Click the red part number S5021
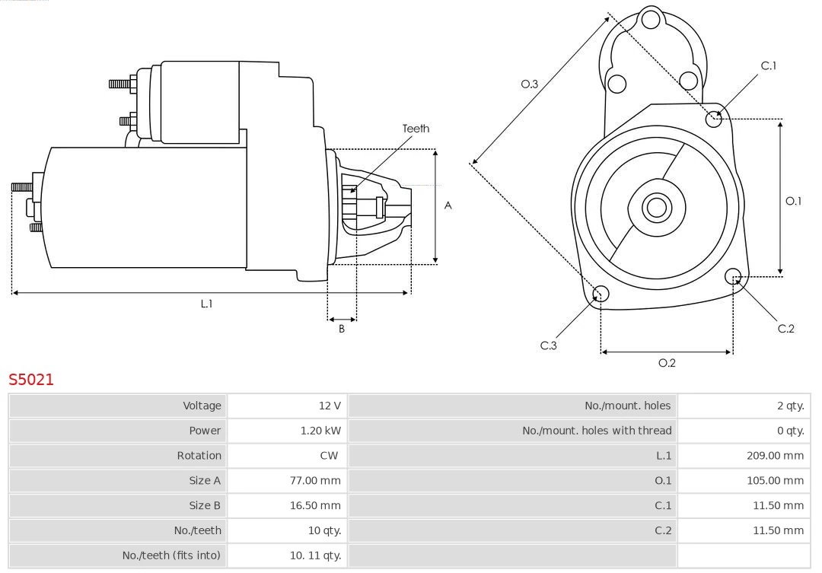(x=31, y=379)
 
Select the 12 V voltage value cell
(x=330, y=406)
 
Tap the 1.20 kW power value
(x=320, y=431)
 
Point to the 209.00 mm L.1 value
(x=775, y=456)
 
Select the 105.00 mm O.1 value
(x=775, y=480)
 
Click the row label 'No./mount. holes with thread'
(x=597, y=431)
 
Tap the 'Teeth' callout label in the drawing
(x=416, y=129)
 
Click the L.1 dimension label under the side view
(x=206, y=304)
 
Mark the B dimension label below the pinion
(x=342, y=329)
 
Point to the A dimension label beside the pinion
(x=448, y=205)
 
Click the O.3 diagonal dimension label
(x=529, y=84)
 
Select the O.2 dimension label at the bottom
(x=667, y=363)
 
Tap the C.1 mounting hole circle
(x=714, y=118)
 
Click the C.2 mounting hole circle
(x=733, y=275)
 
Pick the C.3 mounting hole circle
(x=601, y=294)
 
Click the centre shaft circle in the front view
(x=655, y=207)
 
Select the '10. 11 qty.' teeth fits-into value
(x=315, y=555)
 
